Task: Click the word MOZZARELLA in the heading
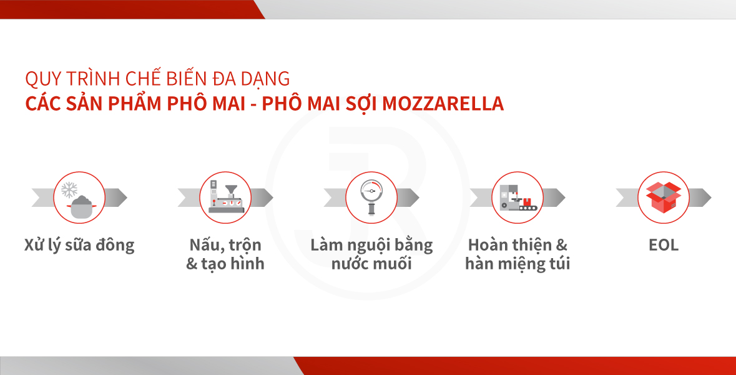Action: coord(443,104)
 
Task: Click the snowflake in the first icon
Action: coord(69,190)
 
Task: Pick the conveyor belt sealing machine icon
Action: coord(518,197)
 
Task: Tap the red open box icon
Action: coord(663,197)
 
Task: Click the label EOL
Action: coord(663,245)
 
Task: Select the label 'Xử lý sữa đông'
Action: coord(79,245)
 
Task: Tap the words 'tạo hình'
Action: coord(233,264)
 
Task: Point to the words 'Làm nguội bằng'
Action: coord(371,245)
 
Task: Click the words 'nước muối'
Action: coord(371,264)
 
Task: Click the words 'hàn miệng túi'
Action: coord(518,264)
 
